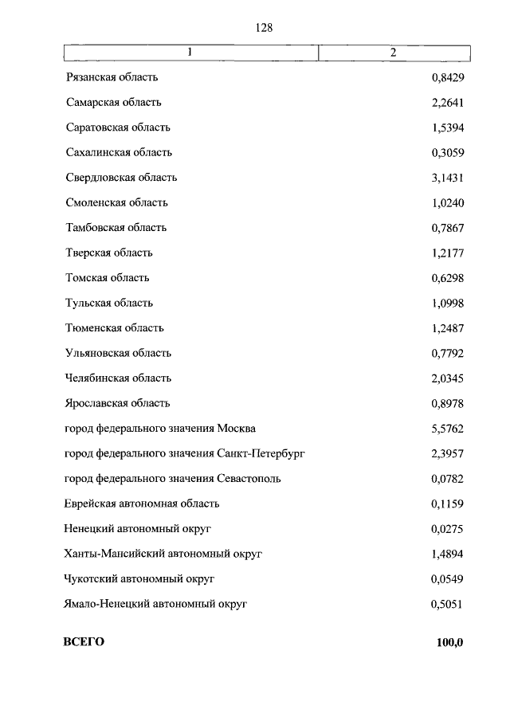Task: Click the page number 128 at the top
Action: [264, 28]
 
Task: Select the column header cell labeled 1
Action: [190, 53]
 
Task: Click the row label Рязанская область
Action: [112, 77]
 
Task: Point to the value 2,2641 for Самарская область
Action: [447, 102]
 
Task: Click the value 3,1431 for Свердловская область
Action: [447, 178]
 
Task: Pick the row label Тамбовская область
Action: [116, 228]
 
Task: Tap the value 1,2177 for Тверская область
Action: [447, 253]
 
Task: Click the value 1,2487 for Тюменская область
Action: [447, 328]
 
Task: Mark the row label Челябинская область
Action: [118, 378]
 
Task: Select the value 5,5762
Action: [447, 429]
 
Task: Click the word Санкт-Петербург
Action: [261, 453]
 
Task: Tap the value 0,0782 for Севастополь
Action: [447, 479]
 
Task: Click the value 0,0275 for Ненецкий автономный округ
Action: [447, 529]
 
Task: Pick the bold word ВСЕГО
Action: [84, 642]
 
